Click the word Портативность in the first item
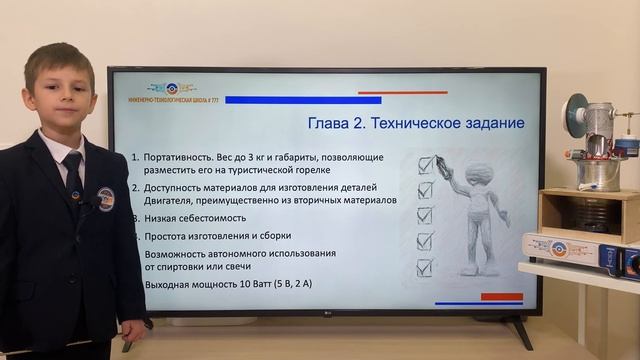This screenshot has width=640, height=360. click(x=181, y=159)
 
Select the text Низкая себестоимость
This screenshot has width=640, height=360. click(x=193, y=215)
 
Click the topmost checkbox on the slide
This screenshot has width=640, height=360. click(x=426, y=164)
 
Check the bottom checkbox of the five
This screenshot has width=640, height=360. click(x=425, y=267)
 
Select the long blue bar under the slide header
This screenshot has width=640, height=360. click(x=303, y=100)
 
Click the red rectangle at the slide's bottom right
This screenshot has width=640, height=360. click(x=502, y=296)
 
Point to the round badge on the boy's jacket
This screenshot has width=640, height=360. click(x=105, y=198)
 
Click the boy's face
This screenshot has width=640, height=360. click(x=60, y=91)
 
